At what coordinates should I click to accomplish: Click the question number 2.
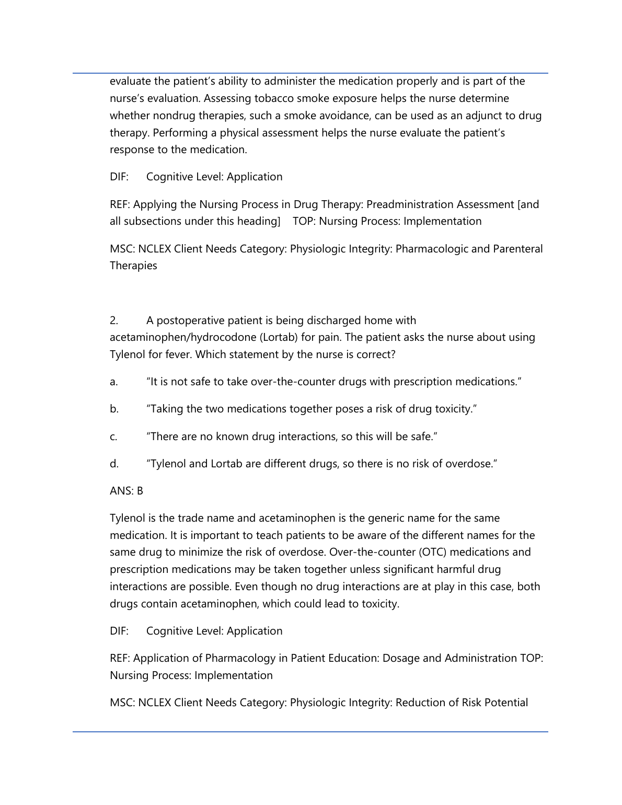(x=114, y=320)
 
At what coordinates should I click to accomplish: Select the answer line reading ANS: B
(x=126, y=491)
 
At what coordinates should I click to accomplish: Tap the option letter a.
(x=113, y=382)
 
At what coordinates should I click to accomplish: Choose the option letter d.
(x=114, y=464)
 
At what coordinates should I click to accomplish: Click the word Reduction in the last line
(x=421, y=703)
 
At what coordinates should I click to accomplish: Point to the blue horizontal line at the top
(x=310, y=73)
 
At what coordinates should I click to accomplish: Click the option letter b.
(x=114, y=409)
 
